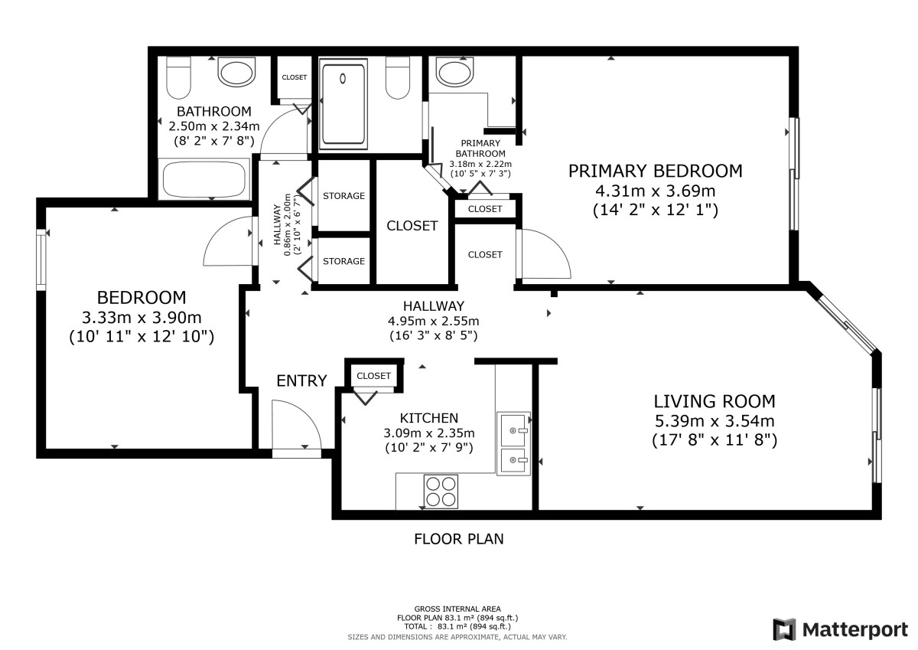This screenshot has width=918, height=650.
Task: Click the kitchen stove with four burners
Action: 441,492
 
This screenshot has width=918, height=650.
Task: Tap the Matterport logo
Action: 841,629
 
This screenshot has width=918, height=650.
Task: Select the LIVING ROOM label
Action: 715,401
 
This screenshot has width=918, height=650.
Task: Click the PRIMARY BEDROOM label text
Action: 655,171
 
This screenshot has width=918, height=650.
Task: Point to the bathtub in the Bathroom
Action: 203,179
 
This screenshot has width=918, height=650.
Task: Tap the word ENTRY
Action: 301,381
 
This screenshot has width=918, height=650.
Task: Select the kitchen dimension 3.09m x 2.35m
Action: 429,433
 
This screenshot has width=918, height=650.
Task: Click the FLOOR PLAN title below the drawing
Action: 458,539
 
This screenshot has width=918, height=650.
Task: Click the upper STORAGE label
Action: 343,196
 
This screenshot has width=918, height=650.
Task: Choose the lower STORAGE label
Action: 343,261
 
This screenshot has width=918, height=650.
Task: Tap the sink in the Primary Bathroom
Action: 454,72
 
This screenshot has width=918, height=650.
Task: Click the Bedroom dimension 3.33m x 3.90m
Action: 142,318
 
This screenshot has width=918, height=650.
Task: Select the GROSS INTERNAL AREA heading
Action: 457,609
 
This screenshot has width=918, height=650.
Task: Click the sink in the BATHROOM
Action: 236,72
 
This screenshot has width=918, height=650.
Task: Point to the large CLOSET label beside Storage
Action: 412,226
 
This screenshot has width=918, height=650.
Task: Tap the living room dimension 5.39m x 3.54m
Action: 715,421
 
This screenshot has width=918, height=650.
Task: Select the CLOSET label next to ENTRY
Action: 373,376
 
